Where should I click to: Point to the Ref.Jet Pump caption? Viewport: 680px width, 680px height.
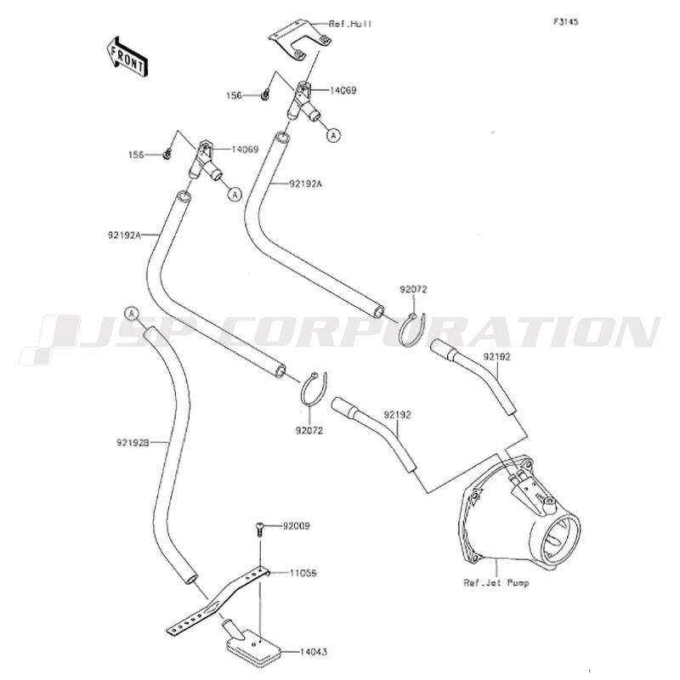495,583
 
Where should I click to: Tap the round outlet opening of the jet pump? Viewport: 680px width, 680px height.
562,538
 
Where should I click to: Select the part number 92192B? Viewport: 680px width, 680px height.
132,443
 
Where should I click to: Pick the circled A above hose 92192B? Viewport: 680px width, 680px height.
131,314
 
